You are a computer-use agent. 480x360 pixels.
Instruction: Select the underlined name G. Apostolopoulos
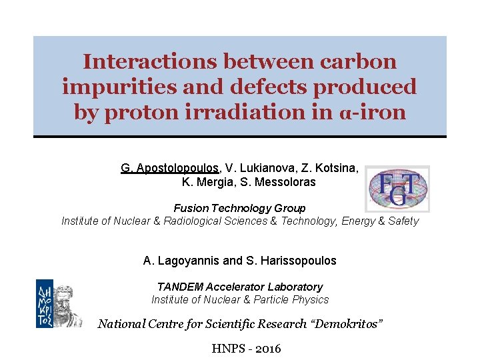[x=169, y=169]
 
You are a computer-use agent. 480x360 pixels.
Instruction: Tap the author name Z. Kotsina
[x=329, y=169]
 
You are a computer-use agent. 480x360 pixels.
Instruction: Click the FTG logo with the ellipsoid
[x=397, y=188]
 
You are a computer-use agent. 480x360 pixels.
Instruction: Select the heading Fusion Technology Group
[x=240, y=208]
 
